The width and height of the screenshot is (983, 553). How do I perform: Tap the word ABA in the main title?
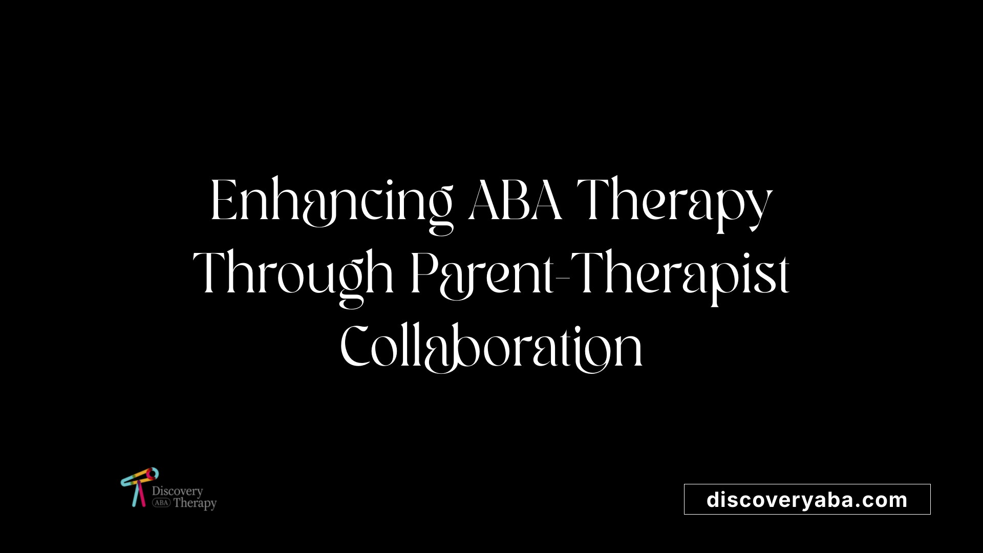[516, 200]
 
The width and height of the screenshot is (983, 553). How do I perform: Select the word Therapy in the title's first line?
[675, 204]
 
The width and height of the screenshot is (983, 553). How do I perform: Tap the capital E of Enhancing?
[223, 200]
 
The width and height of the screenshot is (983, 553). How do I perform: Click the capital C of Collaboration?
[355, 346]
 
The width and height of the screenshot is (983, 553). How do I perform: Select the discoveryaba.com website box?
[807, 499]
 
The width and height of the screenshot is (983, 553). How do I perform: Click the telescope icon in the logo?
[139, 486]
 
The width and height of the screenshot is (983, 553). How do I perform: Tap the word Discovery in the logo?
[177, 492]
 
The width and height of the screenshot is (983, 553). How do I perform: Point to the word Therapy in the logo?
[195, 503]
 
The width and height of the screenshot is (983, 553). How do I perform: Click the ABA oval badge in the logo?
[161, 503]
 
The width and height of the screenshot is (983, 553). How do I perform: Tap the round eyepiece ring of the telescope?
[152, 473]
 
